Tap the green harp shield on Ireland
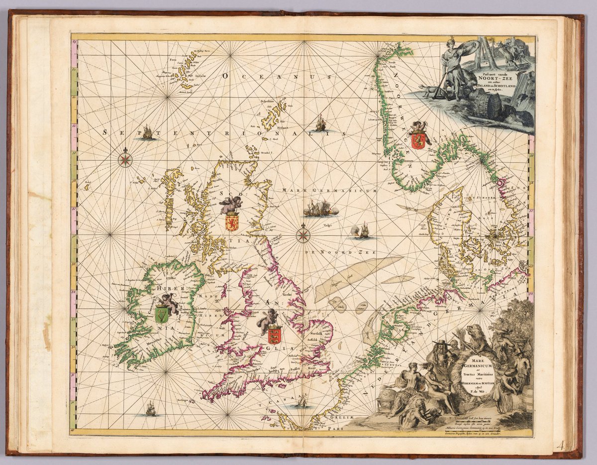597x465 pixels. point(161,315)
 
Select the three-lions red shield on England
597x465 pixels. point(274,336)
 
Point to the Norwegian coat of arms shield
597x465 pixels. point(418,140)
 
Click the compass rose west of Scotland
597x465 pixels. point(125,159)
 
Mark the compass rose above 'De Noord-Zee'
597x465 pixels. point(303,234)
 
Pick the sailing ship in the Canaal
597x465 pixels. point(301,401)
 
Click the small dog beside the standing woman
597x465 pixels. point(426,91)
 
